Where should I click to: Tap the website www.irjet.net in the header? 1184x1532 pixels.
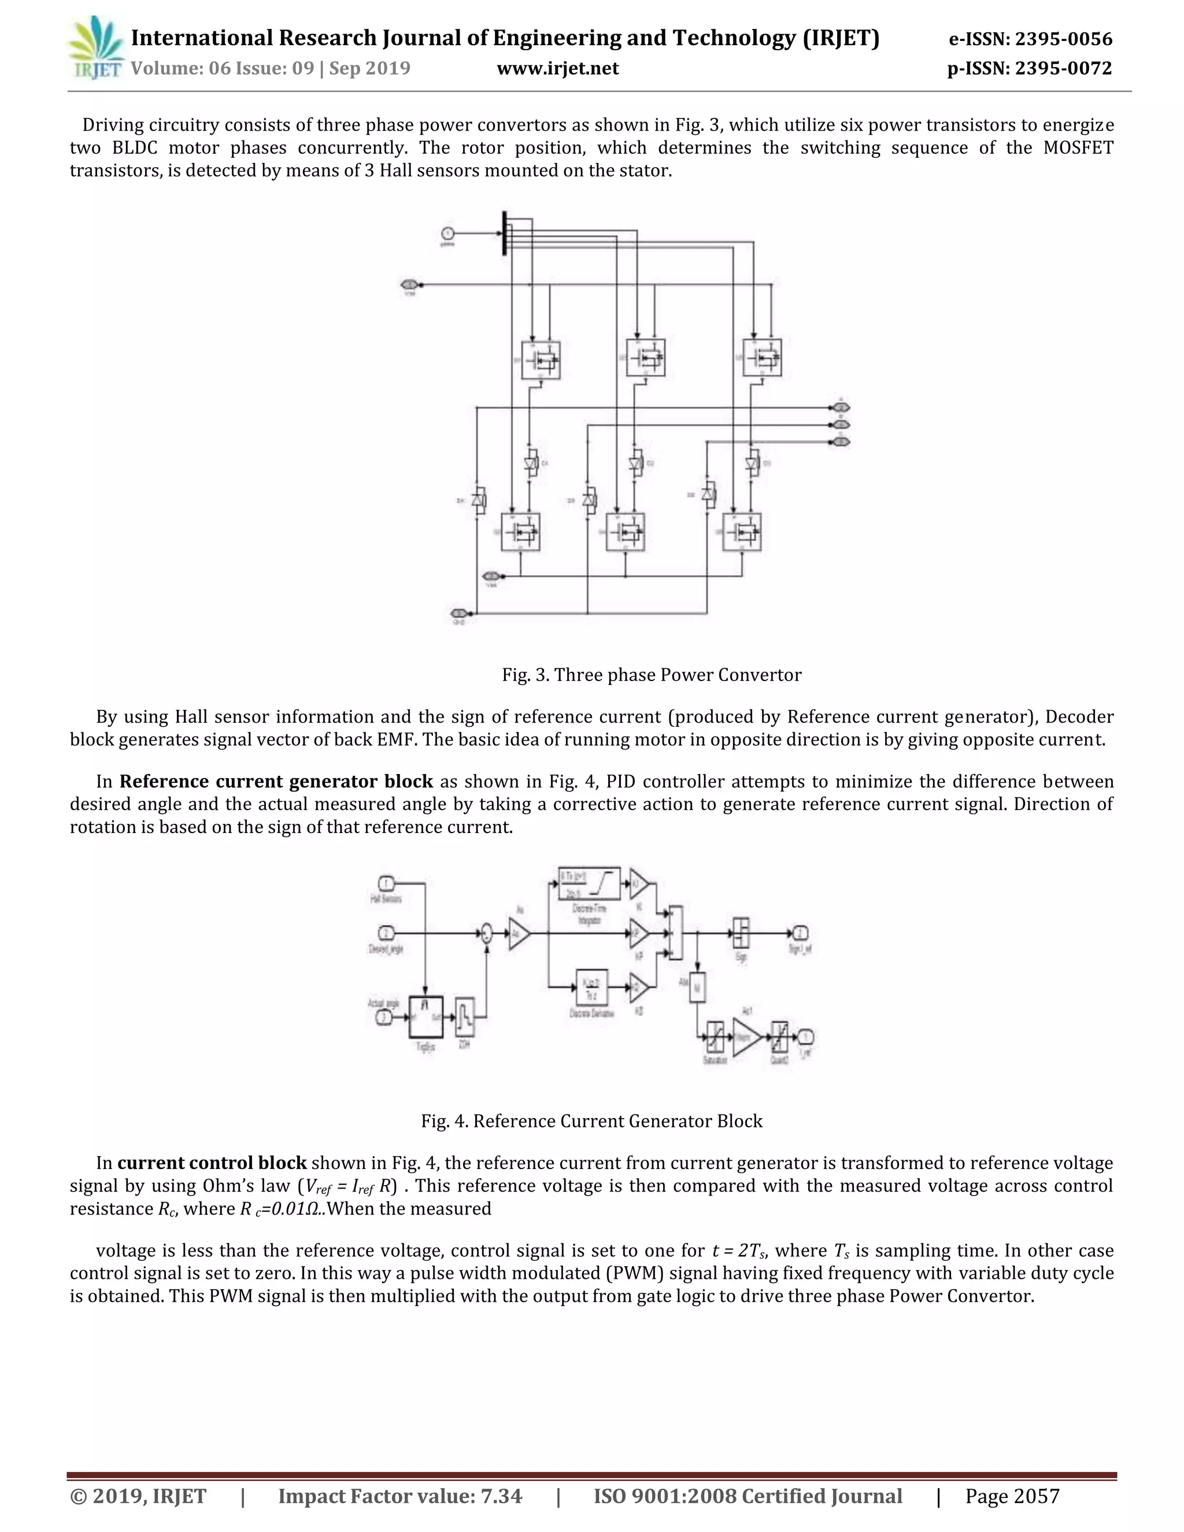(558, 68)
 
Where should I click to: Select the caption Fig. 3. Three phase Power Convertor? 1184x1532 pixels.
(651, 675)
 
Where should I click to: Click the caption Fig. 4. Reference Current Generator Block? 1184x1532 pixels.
(591, 1121)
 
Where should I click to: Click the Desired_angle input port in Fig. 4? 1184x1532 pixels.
(387, 933)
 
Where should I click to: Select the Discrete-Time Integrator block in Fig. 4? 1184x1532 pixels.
(589, 883)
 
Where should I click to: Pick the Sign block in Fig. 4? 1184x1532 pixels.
(741, 933)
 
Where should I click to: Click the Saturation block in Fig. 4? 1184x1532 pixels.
(715, 1037)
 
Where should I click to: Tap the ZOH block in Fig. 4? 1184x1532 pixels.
(464, 1017)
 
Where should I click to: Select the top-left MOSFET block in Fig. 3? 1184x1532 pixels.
(541, 360)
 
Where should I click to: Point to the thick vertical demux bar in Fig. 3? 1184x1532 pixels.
(504, 234)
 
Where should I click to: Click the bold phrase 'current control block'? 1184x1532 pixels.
(212, 1163)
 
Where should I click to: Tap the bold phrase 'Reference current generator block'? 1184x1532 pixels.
(276, 782)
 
